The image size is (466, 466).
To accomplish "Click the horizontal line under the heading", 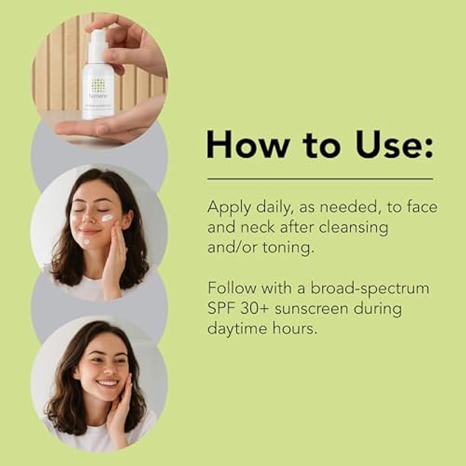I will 320,178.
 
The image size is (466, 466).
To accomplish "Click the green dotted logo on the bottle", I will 98,85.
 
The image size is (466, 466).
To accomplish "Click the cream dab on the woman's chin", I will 86,242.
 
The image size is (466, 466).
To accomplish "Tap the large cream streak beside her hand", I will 107,218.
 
